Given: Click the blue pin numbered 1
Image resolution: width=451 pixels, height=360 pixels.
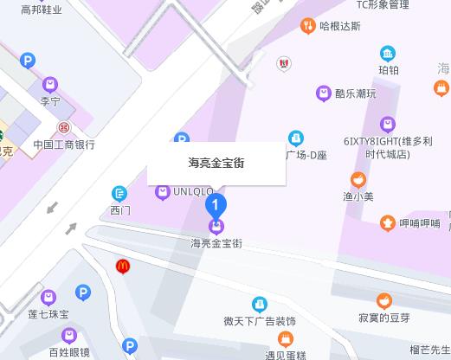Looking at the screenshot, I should (216, 206).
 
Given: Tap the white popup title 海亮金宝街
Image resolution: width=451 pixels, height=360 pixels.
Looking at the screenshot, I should (216, 163).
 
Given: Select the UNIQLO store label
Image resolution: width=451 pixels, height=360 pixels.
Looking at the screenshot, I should (193, 191).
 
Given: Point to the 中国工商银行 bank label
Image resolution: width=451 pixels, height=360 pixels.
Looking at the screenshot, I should (63, 145).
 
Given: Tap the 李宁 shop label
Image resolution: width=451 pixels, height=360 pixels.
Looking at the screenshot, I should (50, 100).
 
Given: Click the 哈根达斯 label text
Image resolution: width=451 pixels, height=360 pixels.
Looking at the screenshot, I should (339, 26).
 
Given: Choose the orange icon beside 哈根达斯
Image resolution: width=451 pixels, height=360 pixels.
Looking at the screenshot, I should (307, 26).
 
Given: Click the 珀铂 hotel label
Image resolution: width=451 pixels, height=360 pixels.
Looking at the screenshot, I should (388, 70).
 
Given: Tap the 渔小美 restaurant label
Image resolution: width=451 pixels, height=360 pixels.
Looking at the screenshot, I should (358, 196).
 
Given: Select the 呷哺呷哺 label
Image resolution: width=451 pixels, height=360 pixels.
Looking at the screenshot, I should (419, 223).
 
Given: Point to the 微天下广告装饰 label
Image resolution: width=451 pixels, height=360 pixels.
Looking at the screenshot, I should (259, 321).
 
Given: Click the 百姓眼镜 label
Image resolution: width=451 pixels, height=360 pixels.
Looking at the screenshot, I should (69, 352).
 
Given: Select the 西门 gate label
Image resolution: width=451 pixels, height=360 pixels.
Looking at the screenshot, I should (119, 209).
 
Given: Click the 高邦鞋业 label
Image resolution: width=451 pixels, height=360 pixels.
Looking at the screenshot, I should (41, 9).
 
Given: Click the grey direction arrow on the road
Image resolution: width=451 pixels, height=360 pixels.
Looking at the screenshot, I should (54, 208).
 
